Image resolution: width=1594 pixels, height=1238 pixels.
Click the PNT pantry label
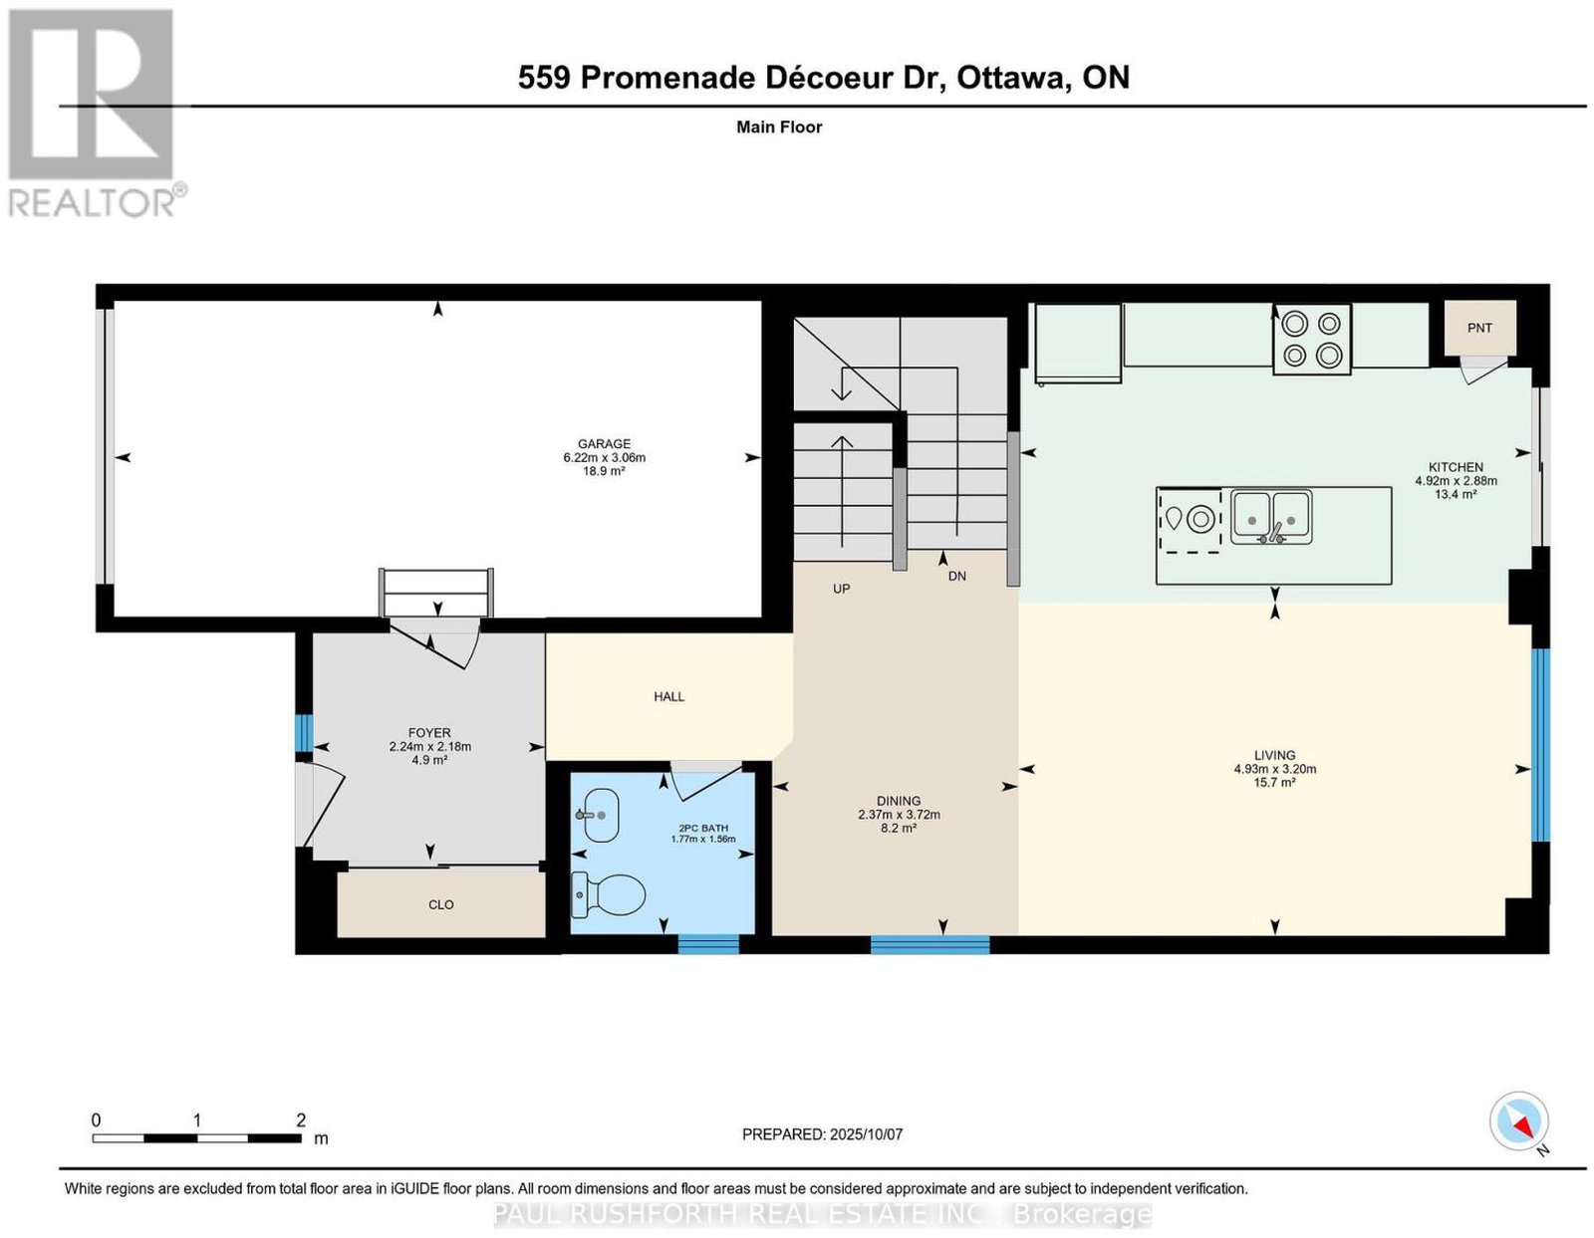click(x=1478, y=328)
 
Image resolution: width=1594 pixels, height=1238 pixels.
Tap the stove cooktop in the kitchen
click(x=1312, y=340)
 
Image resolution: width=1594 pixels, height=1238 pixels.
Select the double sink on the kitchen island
click(x=1271, y=518)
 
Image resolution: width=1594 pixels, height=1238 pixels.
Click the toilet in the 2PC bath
click(x=608, y=894)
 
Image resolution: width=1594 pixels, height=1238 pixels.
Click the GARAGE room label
click(x=604, y=443)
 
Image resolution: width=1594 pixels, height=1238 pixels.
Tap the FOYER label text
click(x=429, y=732)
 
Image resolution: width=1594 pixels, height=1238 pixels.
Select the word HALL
click(x=669, y=696)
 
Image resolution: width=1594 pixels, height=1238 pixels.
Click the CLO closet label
click(x=441, y=904)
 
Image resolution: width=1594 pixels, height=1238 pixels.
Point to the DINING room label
click(x=899, y=801)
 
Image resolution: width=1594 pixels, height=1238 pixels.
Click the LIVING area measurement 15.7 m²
click(x=1275, y=782)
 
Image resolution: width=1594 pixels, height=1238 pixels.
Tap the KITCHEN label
click(x=1457, y=467)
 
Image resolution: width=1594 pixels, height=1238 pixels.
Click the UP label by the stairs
click(x=842, y=589)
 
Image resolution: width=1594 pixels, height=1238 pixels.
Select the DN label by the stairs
click(x=957, y=576)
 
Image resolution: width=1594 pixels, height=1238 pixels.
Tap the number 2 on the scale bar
click(x=301, y=1119)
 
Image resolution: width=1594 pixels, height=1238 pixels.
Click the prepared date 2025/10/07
click(x=866, y=1134)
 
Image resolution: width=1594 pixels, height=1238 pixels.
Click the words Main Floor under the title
click(x=779, y=126)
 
